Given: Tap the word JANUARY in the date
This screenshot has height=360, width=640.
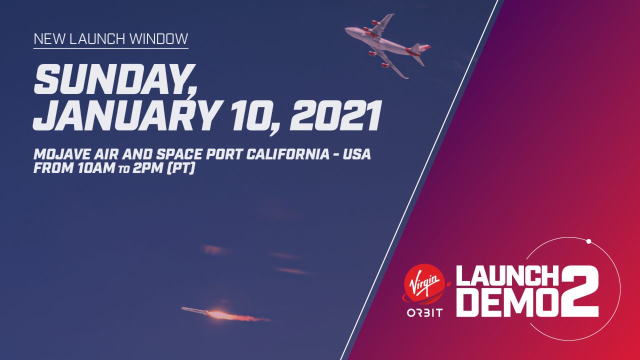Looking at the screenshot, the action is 127,115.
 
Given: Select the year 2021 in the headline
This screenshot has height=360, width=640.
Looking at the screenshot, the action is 336,115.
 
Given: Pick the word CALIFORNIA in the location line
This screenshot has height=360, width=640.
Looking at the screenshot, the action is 288,154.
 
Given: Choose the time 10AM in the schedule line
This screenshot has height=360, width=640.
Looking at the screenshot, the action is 96,168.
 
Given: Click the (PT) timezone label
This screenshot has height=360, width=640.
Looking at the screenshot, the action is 180,168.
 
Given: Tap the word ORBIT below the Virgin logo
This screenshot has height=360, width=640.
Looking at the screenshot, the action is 424,313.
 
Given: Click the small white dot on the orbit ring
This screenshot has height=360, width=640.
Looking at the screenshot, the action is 588,241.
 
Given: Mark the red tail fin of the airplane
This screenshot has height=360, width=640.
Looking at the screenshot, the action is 420,48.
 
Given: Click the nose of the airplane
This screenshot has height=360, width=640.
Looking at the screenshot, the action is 347,29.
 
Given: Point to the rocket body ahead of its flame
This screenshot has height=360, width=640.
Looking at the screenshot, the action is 194,310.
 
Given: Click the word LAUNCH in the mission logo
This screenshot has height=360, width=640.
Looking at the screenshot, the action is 507,275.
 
